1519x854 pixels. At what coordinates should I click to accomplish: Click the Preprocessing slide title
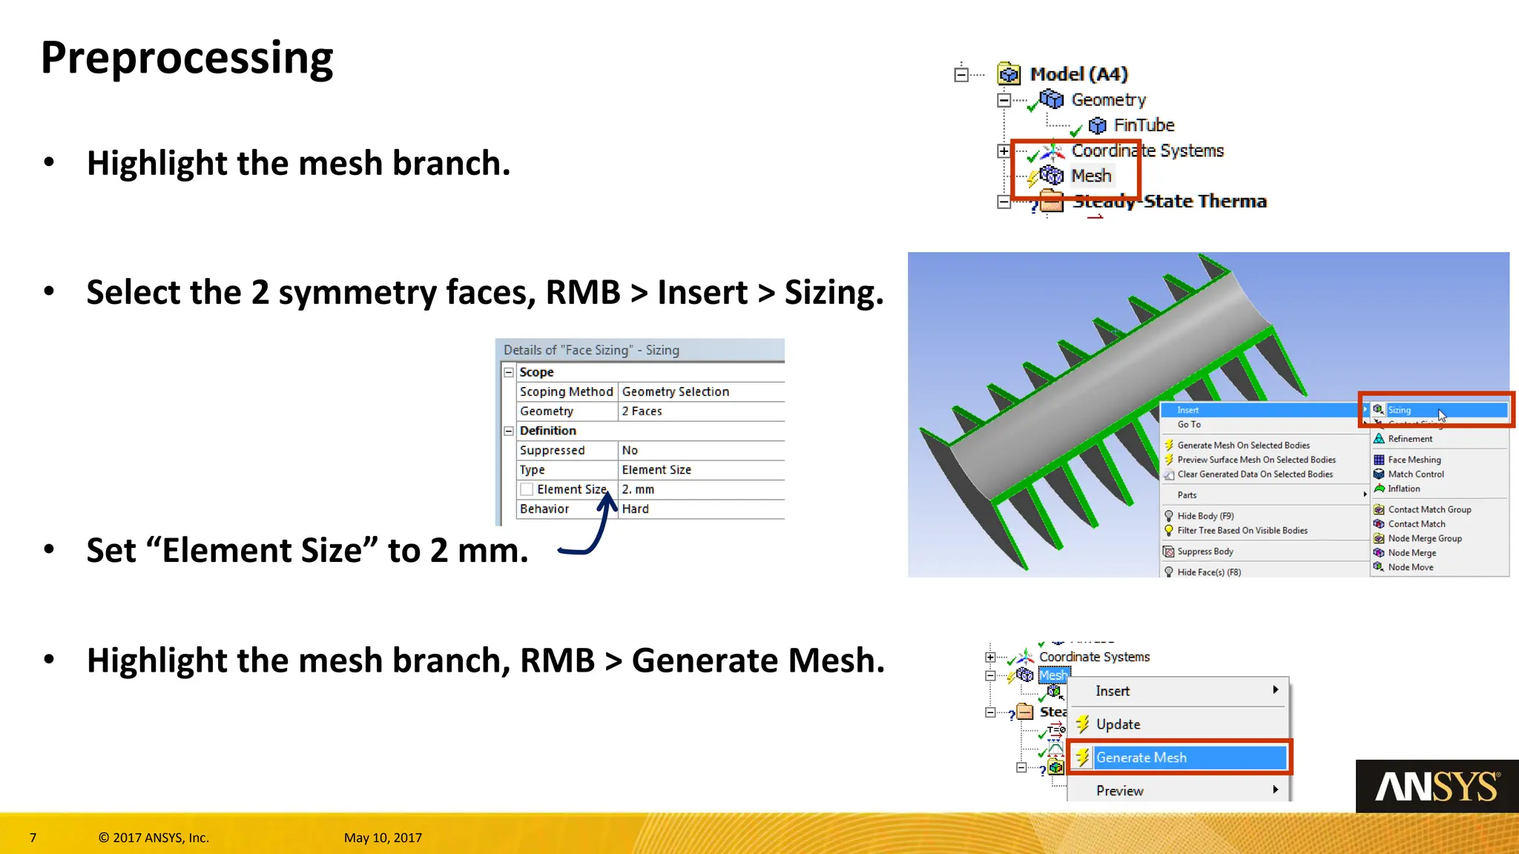187,58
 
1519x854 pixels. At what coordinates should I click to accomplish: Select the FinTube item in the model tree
1143,125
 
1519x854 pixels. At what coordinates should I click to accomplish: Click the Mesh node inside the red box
1090,176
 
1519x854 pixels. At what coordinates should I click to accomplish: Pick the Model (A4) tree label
1078,74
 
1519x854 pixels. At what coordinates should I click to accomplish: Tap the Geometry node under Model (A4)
1108,100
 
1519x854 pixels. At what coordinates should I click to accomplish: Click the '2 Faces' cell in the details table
642,411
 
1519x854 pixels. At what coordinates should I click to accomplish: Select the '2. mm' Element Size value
638,489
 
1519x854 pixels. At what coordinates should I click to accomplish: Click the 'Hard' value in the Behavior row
635,509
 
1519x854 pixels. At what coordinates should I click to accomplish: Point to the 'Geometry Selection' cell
675,391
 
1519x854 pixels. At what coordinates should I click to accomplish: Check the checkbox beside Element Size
527,489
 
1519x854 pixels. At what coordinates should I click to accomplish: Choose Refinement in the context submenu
1409,439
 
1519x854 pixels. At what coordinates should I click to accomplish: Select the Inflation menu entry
1403,489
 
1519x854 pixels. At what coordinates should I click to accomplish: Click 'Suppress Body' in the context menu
1205,552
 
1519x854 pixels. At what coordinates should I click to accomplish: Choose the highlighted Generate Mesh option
1141,758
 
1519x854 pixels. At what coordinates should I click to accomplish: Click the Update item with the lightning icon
1118,724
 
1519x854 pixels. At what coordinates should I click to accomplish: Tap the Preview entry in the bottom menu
1119,791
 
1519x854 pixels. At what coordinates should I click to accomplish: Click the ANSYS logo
1437,787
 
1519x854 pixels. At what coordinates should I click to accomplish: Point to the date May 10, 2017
383,838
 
